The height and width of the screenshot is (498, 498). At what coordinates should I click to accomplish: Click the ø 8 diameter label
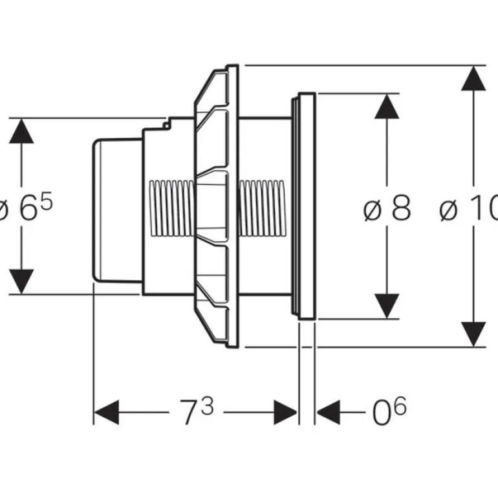387,210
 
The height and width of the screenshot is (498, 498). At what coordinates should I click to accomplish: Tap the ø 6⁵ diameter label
26,210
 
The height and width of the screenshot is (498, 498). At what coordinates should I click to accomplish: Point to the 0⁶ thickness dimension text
387,412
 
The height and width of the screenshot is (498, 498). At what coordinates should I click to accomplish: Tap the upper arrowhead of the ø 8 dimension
387,107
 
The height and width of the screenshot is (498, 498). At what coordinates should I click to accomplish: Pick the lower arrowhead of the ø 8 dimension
387,305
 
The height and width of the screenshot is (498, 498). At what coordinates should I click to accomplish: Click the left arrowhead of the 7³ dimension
107,412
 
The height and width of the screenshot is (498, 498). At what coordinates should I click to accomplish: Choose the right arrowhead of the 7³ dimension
285,412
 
